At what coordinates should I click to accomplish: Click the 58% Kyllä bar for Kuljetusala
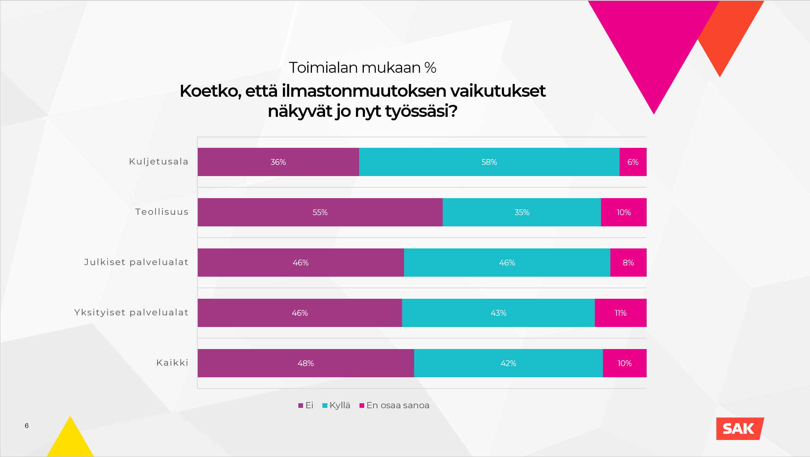pyautogui.click(x=489, y=162)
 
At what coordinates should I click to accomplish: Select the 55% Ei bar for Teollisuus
pyautogui.click(x=320, y=212)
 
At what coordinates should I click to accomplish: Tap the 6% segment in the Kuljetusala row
pyautogui.click(x=633, y=162)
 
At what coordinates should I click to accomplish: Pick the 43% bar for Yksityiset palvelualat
pyautogui.click(x=498, y=313)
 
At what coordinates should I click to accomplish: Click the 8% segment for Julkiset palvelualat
pyautogui.click(x=628, y=262)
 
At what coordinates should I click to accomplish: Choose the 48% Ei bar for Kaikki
pyautogui.click(x=306, y=363)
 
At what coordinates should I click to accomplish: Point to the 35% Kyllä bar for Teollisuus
pyautogui.click(x=522, y=212)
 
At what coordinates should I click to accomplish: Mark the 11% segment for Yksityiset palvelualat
pyautogui.click(x=620, y=313)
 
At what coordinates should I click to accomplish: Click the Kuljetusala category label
pyautogui.click(x=159, y=162)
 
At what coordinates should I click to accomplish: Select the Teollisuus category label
pyautogui.click(x=162, y=212)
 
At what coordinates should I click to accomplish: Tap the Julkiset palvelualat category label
pyautogui.click(x=136, y=262)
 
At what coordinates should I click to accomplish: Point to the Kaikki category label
pyautogui.click(x=172, y=363)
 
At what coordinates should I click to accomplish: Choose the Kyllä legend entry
pyautogui.click(x=336, y=406)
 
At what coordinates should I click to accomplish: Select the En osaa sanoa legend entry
pyautogui.click(x=394, y=406)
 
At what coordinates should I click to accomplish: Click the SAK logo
pyautogui.click(x=739, y=429)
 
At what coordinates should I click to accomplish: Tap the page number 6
pyautogui.click(x=27, y=426)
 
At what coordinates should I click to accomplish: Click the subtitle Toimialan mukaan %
pyautogui.click(x=363, y=68)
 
